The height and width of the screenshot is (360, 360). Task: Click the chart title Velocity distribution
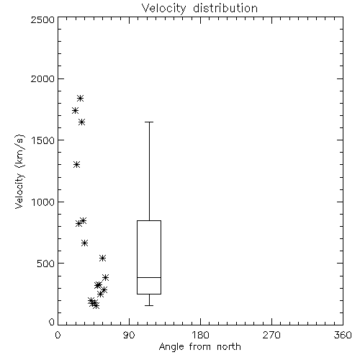click(x=199, y=8)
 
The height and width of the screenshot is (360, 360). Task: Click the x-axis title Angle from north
click(x=199, y=347)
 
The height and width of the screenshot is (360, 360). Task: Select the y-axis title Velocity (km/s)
click(x=19, y=171)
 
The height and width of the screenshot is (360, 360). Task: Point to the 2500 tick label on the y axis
click(x=42, y=19)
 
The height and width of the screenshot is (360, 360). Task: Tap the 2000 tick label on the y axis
click(x=42, y=78)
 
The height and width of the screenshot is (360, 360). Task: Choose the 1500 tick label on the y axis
click(x=43, y=140)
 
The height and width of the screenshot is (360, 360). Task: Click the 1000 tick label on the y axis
click(x=43, y=202)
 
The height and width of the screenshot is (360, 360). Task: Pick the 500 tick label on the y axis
click(x=46, y=264)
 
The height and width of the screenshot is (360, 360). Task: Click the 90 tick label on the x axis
click(x=129, y=335)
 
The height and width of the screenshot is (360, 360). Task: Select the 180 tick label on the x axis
click(x=200, y=335)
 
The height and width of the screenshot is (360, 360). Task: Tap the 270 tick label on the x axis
click(x=271, y=335)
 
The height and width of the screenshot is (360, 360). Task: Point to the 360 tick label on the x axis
click(x=343, y=335)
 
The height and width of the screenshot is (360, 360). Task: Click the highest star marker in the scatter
click(x=80, y=98)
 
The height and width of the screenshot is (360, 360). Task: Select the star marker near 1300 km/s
click(x=76, y=165)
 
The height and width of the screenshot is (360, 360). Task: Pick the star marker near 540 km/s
click(x=102, y=258)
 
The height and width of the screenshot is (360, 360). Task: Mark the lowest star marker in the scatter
click(x=96, y=305)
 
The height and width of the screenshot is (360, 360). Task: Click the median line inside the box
click(x=149, y=277)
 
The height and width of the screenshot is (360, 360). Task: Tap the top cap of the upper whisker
click(x=149, y=122)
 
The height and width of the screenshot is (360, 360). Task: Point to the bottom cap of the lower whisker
click(x=149, y=305)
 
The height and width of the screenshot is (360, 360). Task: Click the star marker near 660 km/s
click(x=84, y=243)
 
